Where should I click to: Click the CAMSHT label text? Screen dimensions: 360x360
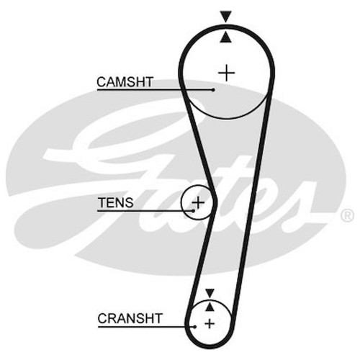pos(125,82)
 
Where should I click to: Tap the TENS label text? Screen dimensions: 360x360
pos(115,202)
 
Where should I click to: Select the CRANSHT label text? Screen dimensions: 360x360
pos(130,318)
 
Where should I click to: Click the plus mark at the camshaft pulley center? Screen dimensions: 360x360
pos(226,73)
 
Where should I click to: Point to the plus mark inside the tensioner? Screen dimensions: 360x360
pos(198,203)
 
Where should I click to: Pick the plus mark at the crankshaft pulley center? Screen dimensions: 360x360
pos(210,324)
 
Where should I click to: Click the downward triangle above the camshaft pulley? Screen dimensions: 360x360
pos(226,17)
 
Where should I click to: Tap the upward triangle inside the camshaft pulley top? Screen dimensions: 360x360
pos(226,38)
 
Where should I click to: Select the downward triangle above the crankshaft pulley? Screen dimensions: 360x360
pos(210,294)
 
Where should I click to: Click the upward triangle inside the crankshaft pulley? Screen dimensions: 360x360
pos(210,307)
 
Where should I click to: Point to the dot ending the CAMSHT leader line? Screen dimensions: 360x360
pos(213,90)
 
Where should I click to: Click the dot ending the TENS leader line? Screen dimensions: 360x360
pos(193,211)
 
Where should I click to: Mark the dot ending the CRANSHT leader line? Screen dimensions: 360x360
pos(195,327)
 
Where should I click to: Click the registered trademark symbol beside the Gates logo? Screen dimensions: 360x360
pos(347,215)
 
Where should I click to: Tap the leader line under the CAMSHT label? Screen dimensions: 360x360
pos(155,90)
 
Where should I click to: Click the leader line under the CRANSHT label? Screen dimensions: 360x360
pos(146,326)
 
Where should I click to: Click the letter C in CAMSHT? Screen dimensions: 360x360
pos(102,82)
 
